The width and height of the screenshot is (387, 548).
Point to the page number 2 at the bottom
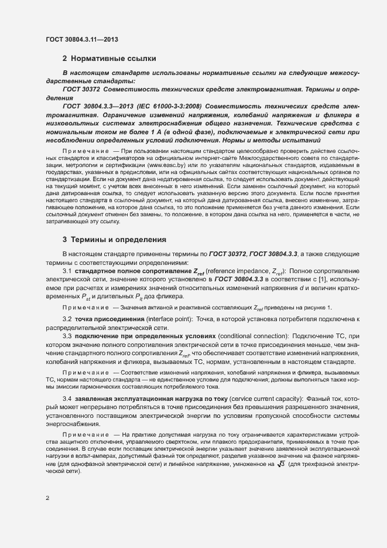point(47,499)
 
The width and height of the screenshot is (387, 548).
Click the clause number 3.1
point(67,287)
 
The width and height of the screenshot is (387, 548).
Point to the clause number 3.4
point(67,415)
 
